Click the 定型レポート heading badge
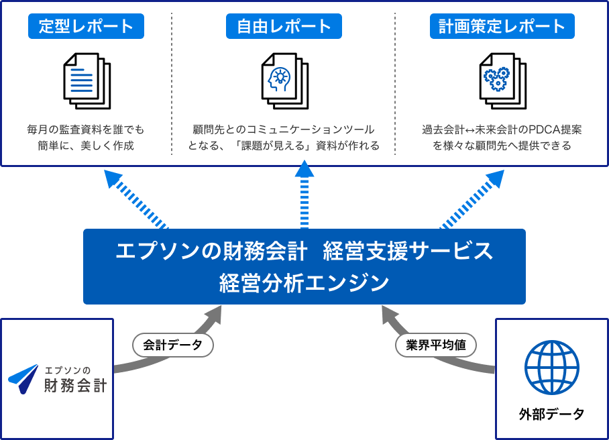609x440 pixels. point(86,26)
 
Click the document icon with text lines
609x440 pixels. point(87,80)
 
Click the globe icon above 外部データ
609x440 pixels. point(551,367)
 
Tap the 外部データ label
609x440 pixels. point(551,414)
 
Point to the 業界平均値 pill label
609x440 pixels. point(436,345)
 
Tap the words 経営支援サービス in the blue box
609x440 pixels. point(408,252)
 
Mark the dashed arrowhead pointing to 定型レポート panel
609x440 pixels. point(113,178)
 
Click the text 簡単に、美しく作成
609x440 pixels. point(86,146)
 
